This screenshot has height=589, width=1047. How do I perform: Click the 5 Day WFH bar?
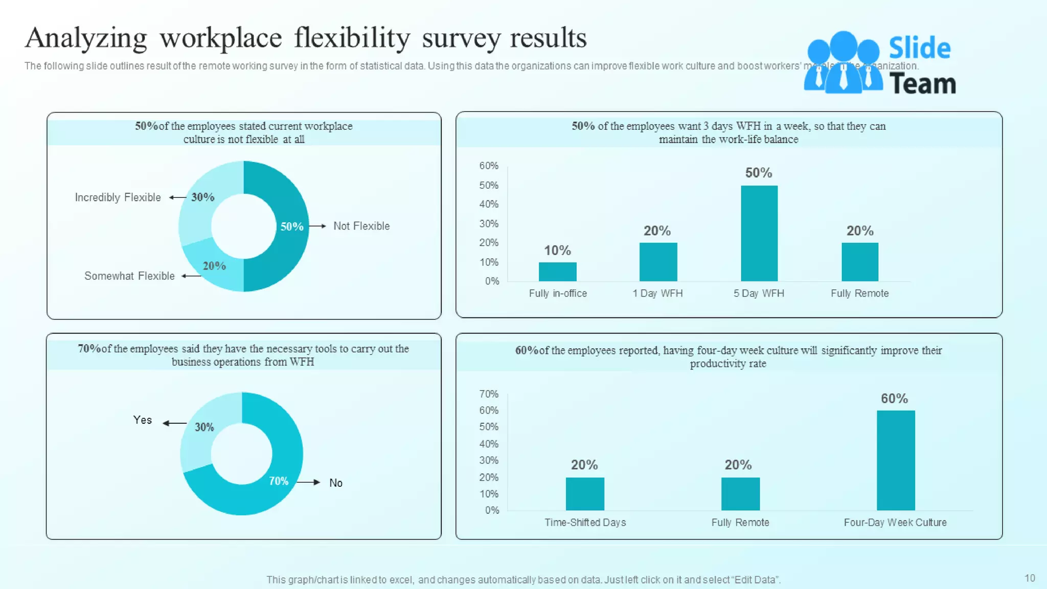pyautogui.click(x=759, y=233)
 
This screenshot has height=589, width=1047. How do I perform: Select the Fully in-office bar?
pyautogui.click(x=557, y=271)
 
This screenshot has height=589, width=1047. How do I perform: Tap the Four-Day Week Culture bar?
pyautogui.click(x=896, y=460)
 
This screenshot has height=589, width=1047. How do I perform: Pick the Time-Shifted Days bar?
pyautogui.click(x=585, y=493)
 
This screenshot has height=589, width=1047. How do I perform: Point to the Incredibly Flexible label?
pyautogui.click(x=118, y=197)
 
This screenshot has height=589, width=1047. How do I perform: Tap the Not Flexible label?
pyautogui.click(x=361, y=226)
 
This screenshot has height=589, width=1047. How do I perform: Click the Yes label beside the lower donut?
pyautogui.click(x=142, y=420)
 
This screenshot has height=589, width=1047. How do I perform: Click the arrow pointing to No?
pyautogui.click(x=308, y=482)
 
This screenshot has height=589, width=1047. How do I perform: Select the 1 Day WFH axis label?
pyautogui.click(x=657, y=293)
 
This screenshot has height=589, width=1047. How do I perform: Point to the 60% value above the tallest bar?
pyautogui.click(x=894, y=398)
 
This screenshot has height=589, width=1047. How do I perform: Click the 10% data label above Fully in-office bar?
pyautogui.click(x=557, y=251)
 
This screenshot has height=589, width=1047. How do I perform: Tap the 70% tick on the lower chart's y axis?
pyautogui.click(x=488, y=394)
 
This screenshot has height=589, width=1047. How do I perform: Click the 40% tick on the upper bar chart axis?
pyautogui.click(x=488, y=204)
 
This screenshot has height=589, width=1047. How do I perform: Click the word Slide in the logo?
pyautogui.click(x=919, y=49)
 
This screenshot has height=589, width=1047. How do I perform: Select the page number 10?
pyautogui.click(x=1030, y=578)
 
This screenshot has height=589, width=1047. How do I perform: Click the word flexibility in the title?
pyautogui.click(x=352, y=38)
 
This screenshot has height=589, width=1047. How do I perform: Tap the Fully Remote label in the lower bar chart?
pyautogui.click(x=740, y=523)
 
